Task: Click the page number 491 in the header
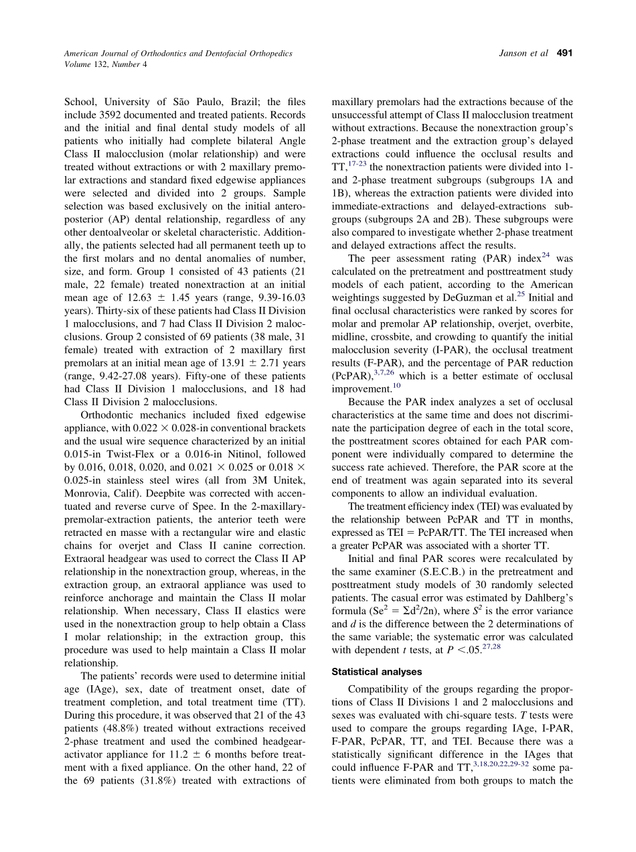coord(565,53)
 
